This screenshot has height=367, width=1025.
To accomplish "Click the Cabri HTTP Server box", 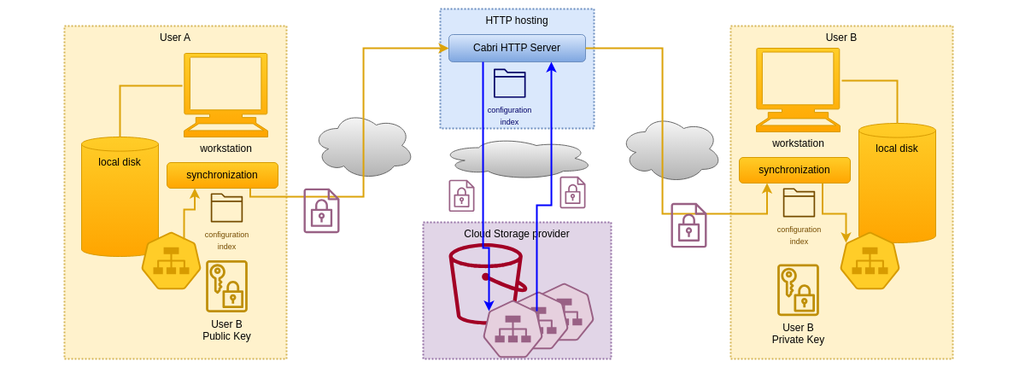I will tap(517, 48).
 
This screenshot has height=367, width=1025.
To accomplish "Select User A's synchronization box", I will tap(222, 175).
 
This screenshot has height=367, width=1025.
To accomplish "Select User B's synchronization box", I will tap(794, 170).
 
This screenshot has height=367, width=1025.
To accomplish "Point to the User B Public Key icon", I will tap(226, 287).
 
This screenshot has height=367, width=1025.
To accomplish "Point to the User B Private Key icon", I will tap(798, 290).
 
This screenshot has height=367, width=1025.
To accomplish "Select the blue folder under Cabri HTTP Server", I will tap(509, 84).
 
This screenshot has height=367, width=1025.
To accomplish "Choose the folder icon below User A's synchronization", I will tap(226, 207).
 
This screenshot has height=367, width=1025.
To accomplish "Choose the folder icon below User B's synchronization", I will tap(799, 202).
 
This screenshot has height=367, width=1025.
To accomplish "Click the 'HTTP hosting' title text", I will tap(517, 20).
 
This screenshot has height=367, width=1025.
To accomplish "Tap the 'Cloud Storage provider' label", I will tap(517, 234).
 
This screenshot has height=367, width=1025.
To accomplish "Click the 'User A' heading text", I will tap(175, 38).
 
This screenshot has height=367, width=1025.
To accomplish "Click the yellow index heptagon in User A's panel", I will tap(171, 261).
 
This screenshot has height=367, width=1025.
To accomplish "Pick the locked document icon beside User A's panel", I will tap(321, 211).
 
